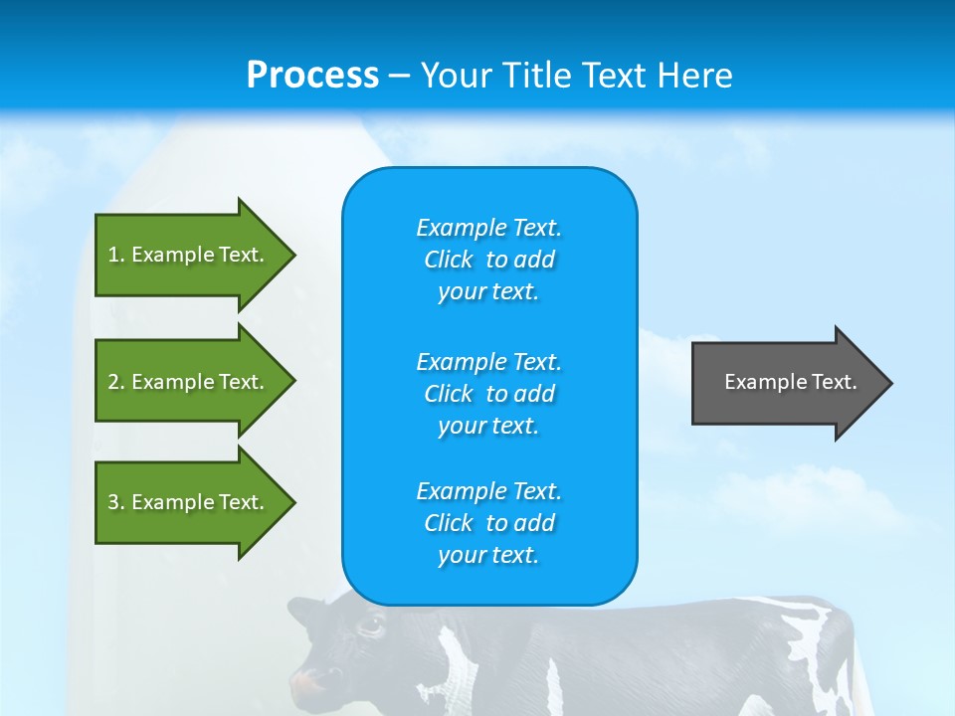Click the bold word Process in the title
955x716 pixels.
pyautogui.click(x=312, y=76)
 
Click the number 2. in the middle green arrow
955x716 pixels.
pyautogui.click(x=115, y=382)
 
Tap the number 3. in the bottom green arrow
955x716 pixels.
pyautogui.click(x=115, y=502)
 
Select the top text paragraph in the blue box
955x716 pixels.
pyautogui.click(x=488, y=260)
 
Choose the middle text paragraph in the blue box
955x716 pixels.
pyautogui.click(x=488, y=394)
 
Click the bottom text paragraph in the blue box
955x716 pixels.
pyautogui.click(x=488, y=523)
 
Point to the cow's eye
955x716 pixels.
pyautogui.click(x=370, y=626)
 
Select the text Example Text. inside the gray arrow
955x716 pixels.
pyautogui.click(x=790, y=382)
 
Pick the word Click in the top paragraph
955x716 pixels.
pyautogui.click(x=449, y=260)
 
